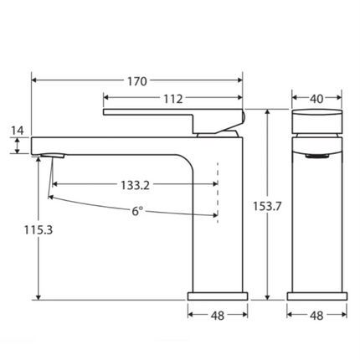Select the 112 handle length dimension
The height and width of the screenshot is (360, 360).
(x=172, y=99)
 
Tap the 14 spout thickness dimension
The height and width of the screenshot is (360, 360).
(x=18, y=131)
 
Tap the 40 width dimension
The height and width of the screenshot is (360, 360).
(x=316, y=99)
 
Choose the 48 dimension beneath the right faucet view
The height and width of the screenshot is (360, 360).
(x=316, y=316)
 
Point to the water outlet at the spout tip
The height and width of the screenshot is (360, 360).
(x=49, y=157)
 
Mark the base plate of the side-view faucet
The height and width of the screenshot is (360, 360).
(x=218, y=296)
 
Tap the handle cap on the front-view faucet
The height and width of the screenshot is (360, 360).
(x=316, y=119)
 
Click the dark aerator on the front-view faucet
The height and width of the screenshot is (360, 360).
(x=316, y=155)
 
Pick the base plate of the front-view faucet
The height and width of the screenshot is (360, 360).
(x=316, y=296)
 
